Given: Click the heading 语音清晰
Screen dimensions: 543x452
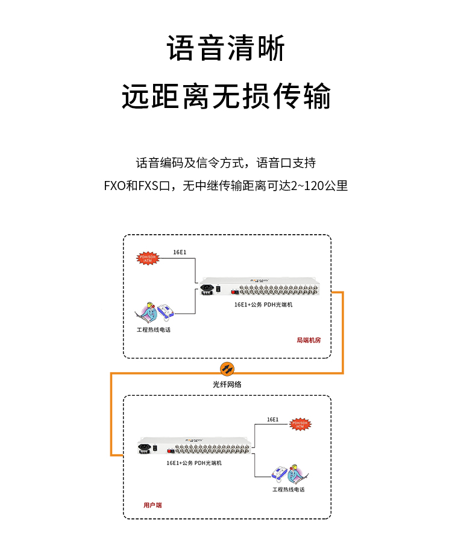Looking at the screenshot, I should [x=226, y=49].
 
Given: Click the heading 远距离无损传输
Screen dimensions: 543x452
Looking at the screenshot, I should [x=226, y=96].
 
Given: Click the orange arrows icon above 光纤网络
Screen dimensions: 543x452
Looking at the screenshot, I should [x=226, y=369].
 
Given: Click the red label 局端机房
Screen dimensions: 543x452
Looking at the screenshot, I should [x=309, y=340].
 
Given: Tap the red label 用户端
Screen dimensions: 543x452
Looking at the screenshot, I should [x=152, y=504].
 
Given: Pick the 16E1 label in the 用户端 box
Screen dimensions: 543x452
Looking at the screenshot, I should [x=272, y=419].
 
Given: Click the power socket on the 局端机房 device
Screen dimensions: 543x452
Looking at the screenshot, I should [x=207, y=290].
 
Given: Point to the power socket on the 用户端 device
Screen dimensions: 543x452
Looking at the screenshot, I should [x=145, y=448].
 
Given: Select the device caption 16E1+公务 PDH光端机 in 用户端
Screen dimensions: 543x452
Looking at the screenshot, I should [x=194, y=463].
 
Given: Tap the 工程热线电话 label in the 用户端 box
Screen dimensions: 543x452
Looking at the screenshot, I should [x=288, y=489].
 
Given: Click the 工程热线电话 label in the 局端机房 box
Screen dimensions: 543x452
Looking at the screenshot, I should [x=154, y=330].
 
